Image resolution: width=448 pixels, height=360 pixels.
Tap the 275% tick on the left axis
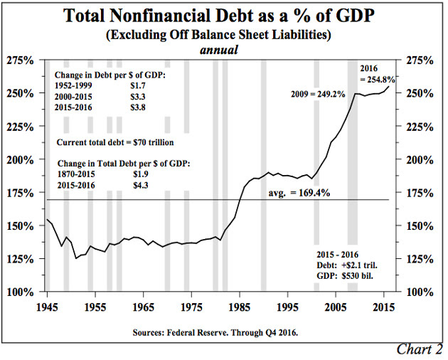pyautogui.click(x=23, y=60)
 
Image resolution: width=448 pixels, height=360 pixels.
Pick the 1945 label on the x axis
pyautogui.click(x=46, y=307)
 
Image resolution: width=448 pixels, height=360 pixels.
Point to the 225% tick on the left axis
pyautogui.click(x=23, y=127)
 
